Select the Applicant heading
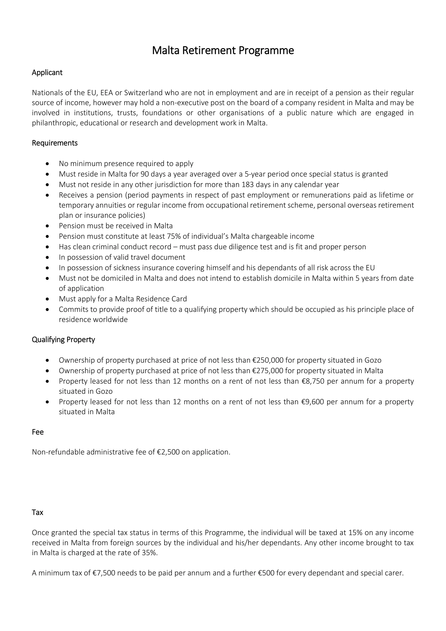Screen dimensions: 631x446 point(47,73)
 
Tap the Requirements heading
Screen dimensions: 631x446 point(55,143)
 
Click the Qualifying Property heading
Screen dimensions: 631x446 point(63,340)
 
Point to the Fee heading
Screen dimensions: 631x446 point(38,432)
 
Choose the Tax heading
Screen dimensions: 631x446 point(37,512)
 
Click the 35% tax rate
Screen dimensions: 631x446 point(150,553)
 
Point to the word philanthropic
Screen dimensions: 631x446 point(55,123)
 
